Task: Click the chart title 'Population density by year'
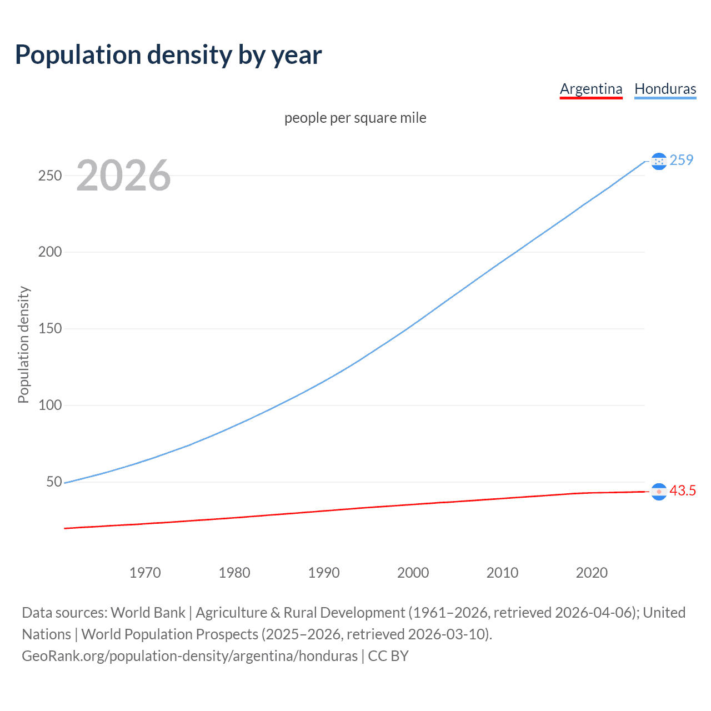(168, 55)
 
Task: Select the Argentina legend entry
(591, 89)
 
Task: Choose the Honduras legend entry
(665, 89)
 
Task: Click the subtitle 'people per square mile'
(355, 118)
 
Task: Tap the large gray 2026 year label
(123, 176)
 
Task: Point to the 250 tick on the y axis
(50, 176)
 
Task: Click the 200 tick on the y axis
(50, 252)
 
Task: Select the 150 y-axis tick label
(50, 329)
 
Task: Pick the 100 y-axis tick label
(50, 405)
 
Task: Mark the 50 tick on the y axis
(54, 482)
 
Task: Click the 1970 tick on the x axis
(145, 573)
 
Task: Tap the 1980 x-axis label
(234, 573)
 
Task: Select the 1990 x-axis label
(324, 573)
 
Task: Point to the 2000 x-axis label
(413, 573)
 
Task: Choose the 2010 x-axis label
(502, 573)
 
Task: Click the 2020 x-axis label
(592, 573)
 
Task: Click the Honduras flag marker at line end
(659, 161)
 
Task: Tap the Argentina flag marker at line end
(659, 492)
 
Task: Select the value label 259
(682, 160)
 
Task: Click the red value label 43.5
(683, 491)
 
